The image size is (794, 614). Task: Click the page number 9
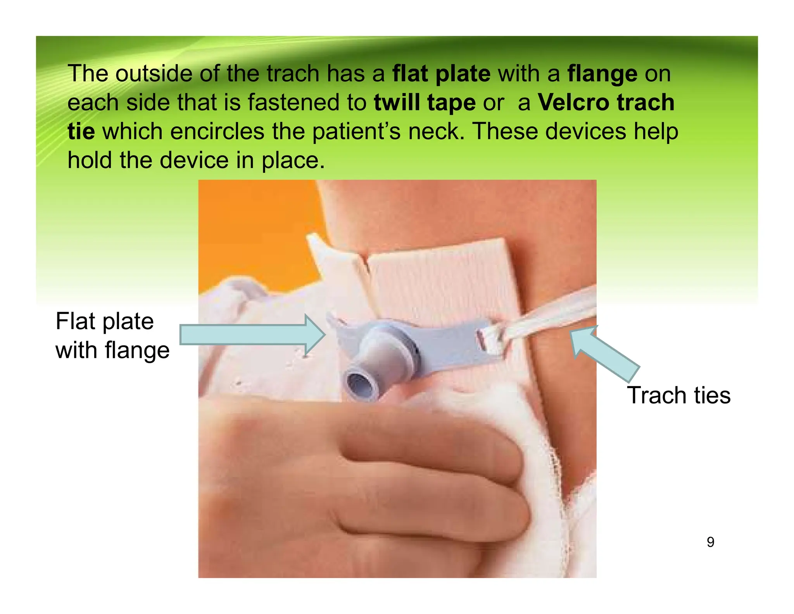point(710,542)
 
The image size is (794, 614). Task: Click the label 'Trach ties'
point(678,395)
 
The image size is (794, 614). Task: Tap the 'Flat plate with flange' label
point(112,336)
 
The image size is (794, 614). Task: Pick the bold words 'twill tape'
point(425,102)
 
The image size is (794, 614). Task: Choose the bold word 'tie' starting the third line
point(81,131)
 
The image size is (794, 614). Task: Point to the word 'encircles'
point(217,131)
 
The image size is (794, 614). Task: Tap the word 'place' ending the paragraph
point(293,160)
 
